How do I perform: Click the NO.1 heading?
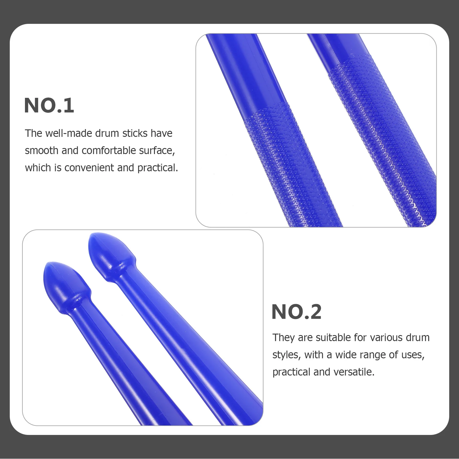[x=49, y=106]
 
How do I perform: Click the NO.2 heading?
[x=296, y=312]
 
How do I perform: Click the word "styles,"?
[x=287, y=355]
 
